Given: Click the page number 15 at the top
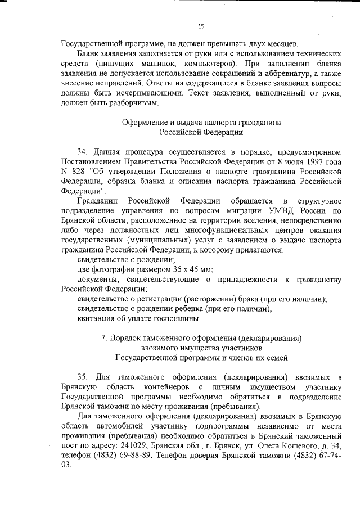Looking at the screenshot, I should (x=201, y=26).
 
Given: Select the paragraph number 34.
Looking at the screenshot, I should (x=83, y=151).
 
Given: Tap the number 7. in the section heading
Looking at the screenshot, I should (x=104, y=338).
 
